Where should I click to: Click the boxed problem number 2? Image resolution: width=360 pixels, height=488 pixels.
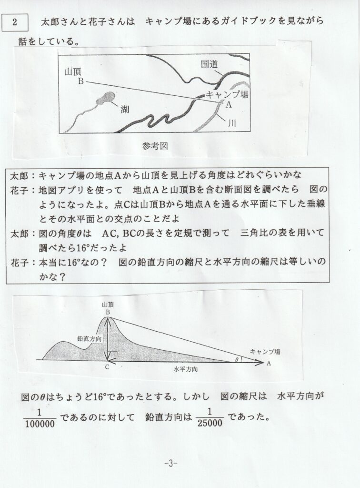[x=16, y=22]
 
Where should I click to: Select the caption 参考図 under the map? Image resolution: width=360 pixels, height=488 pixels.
[x=156, y=145]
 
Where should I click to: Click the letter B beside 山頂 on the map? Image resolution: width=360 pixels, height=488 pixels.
[x=81, y=81]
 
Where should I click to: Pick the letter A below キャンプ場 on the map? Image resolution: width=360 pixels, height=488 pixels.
[x=228, y=104]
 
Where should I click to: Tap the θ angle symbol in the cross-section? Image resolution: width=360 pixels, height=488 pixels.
[x=236, y=360]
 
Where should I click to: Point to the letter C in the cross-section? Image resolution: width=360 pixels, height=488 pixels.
[x=108, y=367]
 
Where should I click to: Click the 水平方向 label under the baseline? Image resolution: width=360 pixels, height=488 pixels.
[x=186, y=369]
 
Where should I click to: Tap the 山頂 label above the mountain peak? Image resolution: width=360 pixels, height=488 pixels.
[x=108, y=303]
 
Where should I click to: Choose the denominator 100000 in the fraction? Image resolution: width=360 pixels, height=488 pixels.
[x=40, y=422]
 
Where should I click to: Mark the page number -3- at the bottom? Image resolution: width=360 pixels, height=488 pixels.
[x=170, y=464]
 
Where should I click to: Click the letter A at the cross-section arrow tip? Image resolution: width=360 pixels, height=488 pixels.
[x=270, y=363]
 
